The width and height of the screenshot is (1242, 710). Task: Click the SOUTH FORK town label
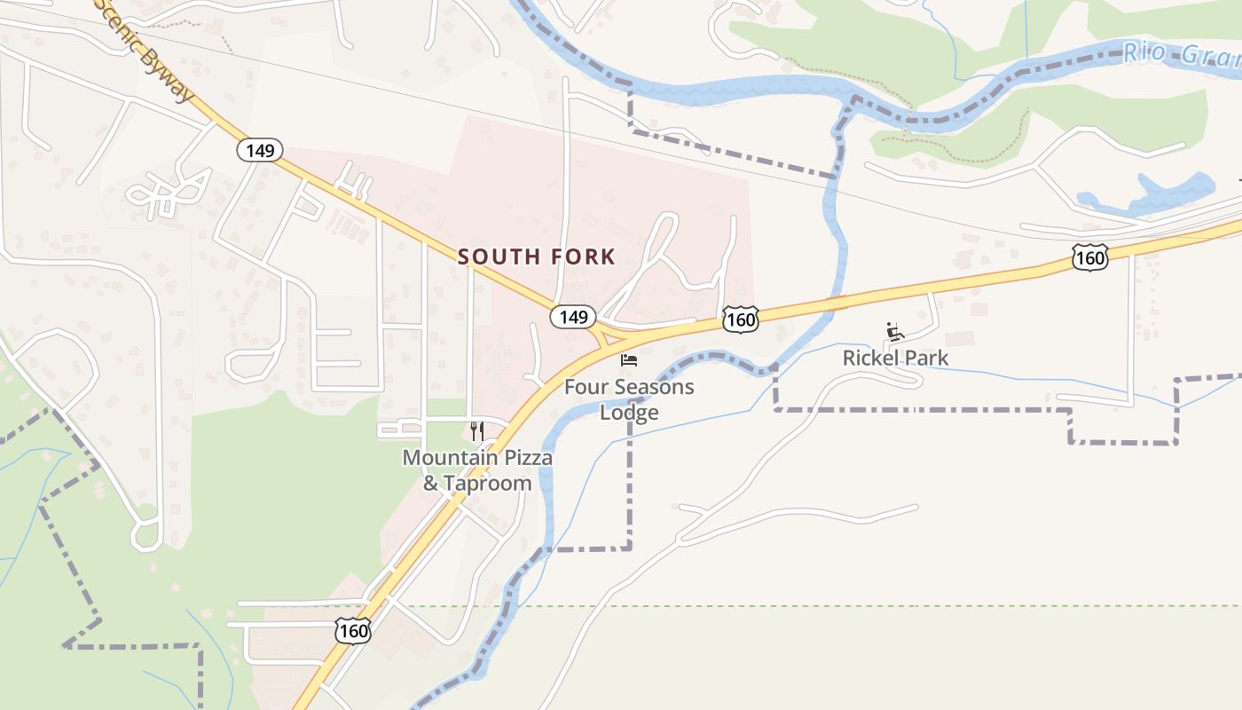click(x=536, y=257)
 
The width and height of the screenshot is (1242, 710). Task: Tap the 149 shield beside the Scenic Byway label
click(x=260, y=150)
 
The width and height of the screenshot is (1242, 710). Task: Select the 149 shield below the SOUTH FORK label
click(x=573, y=317)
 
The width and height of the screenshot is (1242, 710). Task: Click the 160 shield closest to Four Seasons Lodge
click(x=740, y=319)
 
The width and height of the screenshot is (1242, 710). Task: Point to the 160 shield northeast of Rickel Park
click(x=1089, y=258)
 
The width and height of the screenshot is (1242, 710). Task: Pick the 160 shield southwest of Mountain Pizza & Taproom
click(x=353, y=632)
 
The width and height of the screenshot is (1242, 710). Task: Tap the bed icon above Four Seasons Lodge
click(x=629, y=360)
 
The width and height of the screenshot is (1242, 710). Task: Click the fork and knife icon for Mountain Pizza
click(x=477, y=431)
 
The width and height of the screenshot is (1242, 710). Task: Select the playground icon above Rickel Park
click(x=895, y=332)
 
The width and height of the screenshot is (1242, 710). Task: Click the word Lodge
click(x=629, y=413)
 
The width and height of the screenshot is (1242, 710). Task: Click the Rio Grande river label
click(x=1180, y=55)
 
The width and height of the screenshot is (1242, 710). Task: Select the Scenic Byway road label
click(x=146, y=51)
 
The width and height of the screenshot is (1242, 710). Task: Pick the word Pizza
click(x=526, y=458)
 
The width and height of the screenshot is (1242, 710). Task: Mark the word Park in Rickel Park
click(x=925, y=359)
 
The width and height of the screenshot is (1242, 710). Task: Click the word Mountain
click(x=446, y=458)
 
